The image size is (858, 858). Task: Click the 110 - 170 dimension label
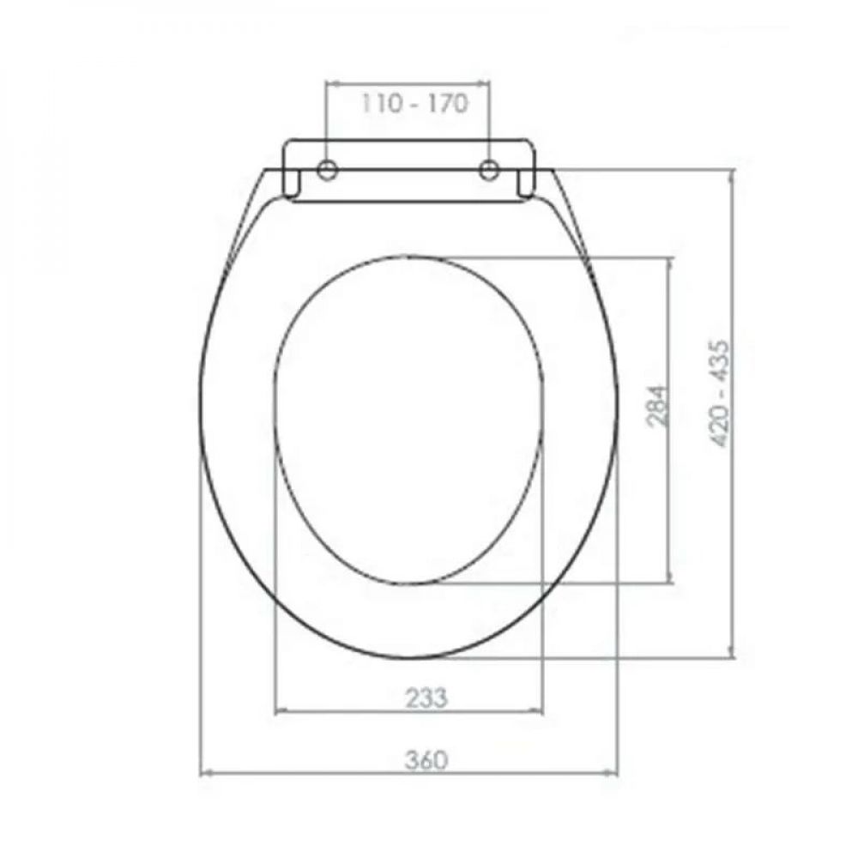tap(414, 104)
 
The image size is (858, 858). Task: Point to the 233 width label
tap(426, 698)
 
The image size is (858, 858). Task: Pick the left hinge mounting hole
tap(327, 170)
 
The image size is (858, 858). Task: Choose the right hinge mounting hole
tap(489, 170)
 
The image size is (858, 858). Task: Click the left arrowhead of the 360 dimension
tap(207, 773)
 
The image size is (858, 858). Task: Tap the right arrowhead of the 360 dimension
tap(612, 773)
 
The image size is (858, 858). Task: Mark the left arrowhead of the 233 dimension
tap(281, 711)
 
